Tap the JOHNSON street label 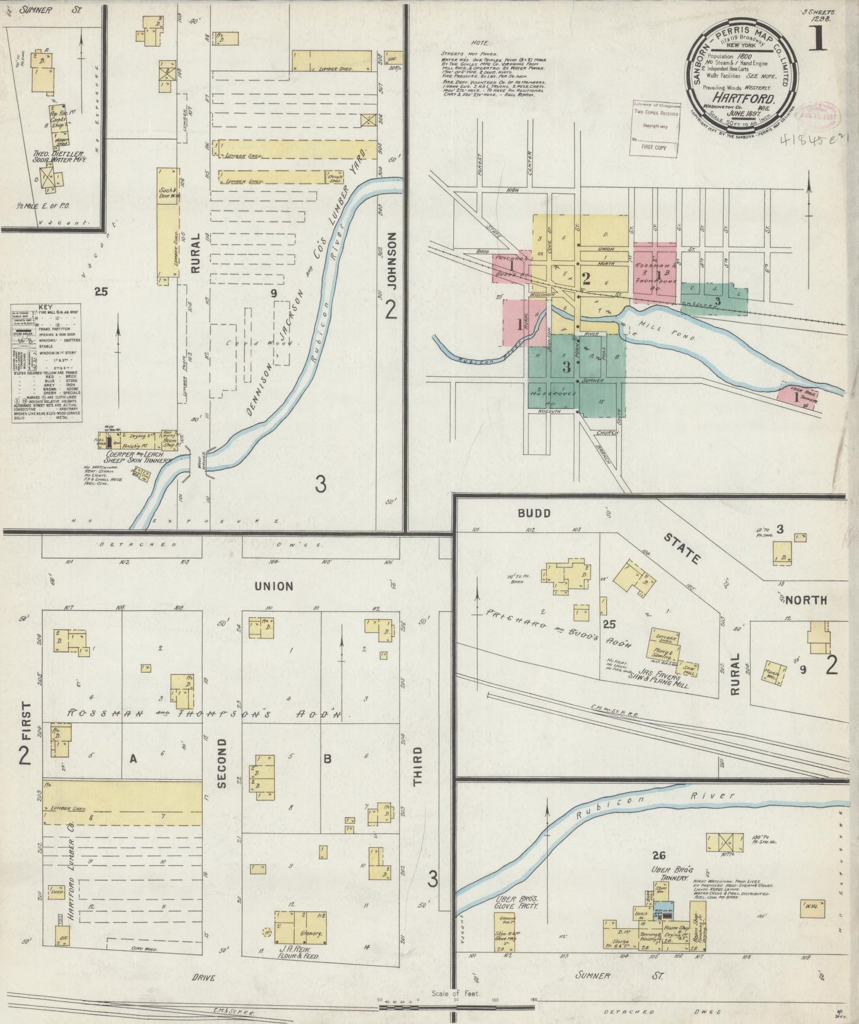point(391,261)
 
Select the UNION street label point(273,586)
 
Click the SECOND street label point(222,763)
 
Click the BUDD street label point(533,513)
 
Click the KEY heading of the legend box point(46,307)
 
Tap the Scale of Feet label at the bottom point(455,993)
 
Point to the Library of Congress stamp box point(655,128)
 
